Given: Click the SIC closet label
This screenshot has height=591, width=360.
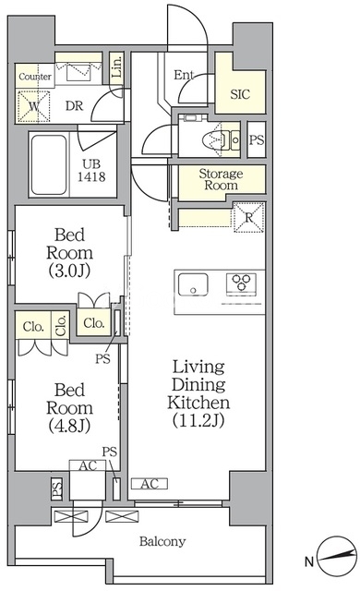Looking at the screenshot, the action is coord(240,94).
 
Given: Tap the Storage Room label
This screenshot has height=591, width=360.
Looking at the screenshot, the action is coord(221,179).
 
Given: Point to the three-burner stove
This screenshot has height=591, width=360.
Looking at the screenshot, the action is coord(241,283).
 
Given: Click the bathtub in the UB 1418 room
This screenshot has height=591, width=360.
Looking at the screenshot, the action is coord(49,165).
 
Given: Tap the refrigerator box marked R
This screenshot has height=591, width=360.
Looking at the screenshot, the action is coord(249,218).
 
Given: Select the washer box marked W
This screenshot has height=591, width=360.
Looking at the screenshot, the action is coord(34,106).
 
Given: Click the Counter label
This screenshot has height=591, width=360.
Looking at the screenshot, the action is coord(35,77).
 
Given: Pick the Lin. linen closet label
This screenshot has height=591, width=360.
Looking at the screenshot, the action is coord(117,66).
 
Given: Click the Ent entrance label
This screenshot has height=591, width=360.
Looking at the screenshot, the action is coord(184,75).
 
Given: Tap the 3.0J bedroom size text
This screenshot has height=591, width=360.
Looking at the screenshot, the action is coord(69,271).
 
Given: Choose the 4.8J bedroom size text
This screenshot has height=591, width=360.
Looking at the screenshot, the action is coord(69,426).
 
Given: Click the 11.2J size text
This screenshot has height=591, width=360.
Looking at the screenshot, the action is coord(198,420).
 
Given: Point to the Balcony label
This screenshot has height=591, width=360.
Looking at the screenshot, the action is coord(162,542).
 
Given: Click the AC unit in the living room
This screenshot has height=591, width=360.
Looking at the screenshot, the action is coord(150,484).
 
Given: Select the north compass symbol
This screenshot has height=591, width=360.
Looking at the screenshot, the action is coord(337,554).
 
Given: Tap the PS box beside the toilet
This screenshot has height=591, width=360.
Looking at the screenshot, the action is coord(257,139).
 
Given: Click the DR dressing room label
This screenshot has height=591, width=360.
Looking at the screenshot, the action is coord(74,106).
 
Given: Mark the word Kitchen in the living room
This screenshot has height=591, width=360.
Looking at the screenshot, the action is coord(198,403).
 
